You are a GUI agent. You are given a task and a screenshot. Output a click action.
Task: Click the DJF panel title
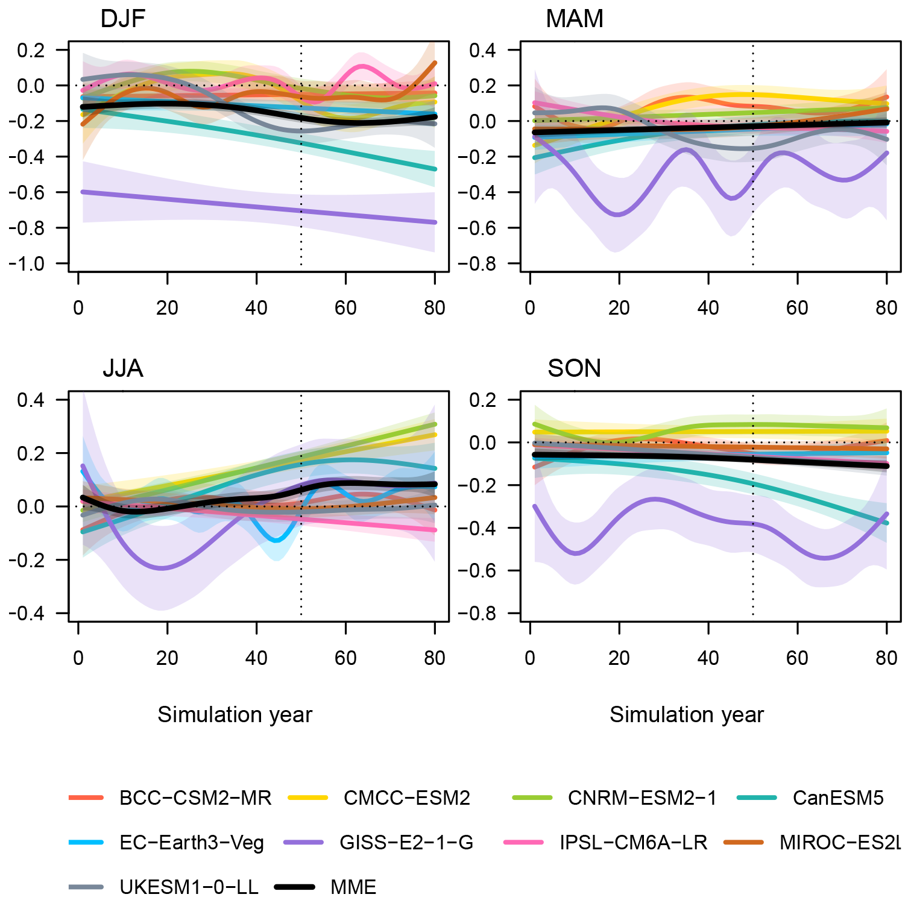[122, 19]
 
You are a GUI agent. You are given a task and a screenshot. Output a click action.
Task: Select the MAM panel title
[574, 19]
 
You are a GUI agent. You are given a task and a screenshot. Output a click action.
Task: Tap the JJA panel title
[122, 368]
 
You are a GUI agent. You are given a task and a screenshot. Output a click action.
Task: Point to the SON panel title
[574, 368]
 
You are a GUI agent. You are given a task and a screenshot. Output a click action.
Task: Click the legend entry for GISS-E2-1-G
[406, 842]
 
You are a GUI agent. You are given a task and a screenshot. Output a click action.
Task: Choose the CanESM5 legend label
[837, 798]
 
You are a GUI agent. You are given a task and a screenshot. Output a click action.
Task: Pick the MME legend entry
[353, 887]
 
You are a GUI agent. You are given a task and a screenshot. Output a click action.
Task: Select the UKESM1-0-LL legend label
[189, 887]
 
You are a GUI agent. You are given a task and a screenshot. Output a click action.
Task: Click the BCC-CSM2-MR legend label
[195, 798]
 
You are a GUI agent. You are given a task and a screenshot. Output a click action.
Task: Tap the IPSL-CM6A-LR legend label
[633, 842]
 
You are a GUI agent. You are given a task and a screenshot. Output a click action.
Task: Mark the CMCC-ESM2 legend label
[406, 798]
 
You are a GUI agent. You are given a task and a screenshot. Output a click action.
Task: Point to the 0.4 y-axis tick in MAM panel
[482, 50]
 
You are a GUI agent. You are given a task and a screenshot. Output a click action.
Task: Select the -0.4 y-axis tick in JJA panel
[26, 614]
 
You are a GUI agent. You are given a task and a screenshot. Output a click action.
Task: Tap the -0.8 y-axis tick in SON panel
[478, 614]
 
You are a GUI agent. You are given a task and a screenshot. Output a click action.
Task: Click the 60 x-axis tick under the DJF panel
[345, 308]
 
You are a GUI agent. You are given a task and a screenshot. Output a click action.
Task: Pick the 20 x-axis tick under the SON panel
[619, 658]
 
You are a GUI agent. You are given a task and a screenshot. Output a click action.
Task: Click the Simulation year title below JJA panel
[235, 714]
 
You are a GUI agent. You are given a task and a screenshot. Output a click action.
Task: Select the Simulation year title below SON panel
[686, 714]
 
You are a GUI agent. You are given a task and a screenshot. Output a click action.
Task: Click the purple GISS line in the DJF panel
[257, 207]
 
